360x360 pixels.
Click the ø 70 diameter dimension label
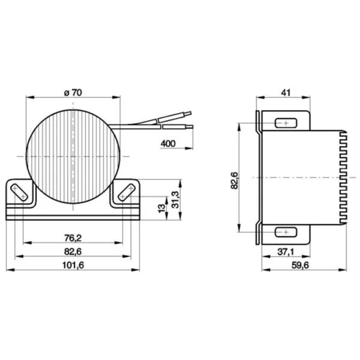point(73,93)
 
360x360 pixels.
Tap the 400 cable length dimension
point(168,143)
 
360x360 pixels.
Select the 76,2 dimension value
point(73,238)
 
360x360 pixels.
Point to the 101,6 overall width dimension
point(73,265)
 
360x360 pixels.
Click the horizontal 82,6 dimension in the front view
point(73,251)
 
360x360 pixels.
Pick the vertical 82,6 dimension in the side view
point(235,181)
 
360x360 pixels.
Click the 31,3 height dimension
point(176,199)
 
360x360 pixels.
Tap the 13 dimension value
point(162,208)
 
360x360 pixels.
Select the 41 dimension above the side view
point(286,93)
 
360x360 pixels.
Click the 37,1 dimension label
point(286,252)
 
